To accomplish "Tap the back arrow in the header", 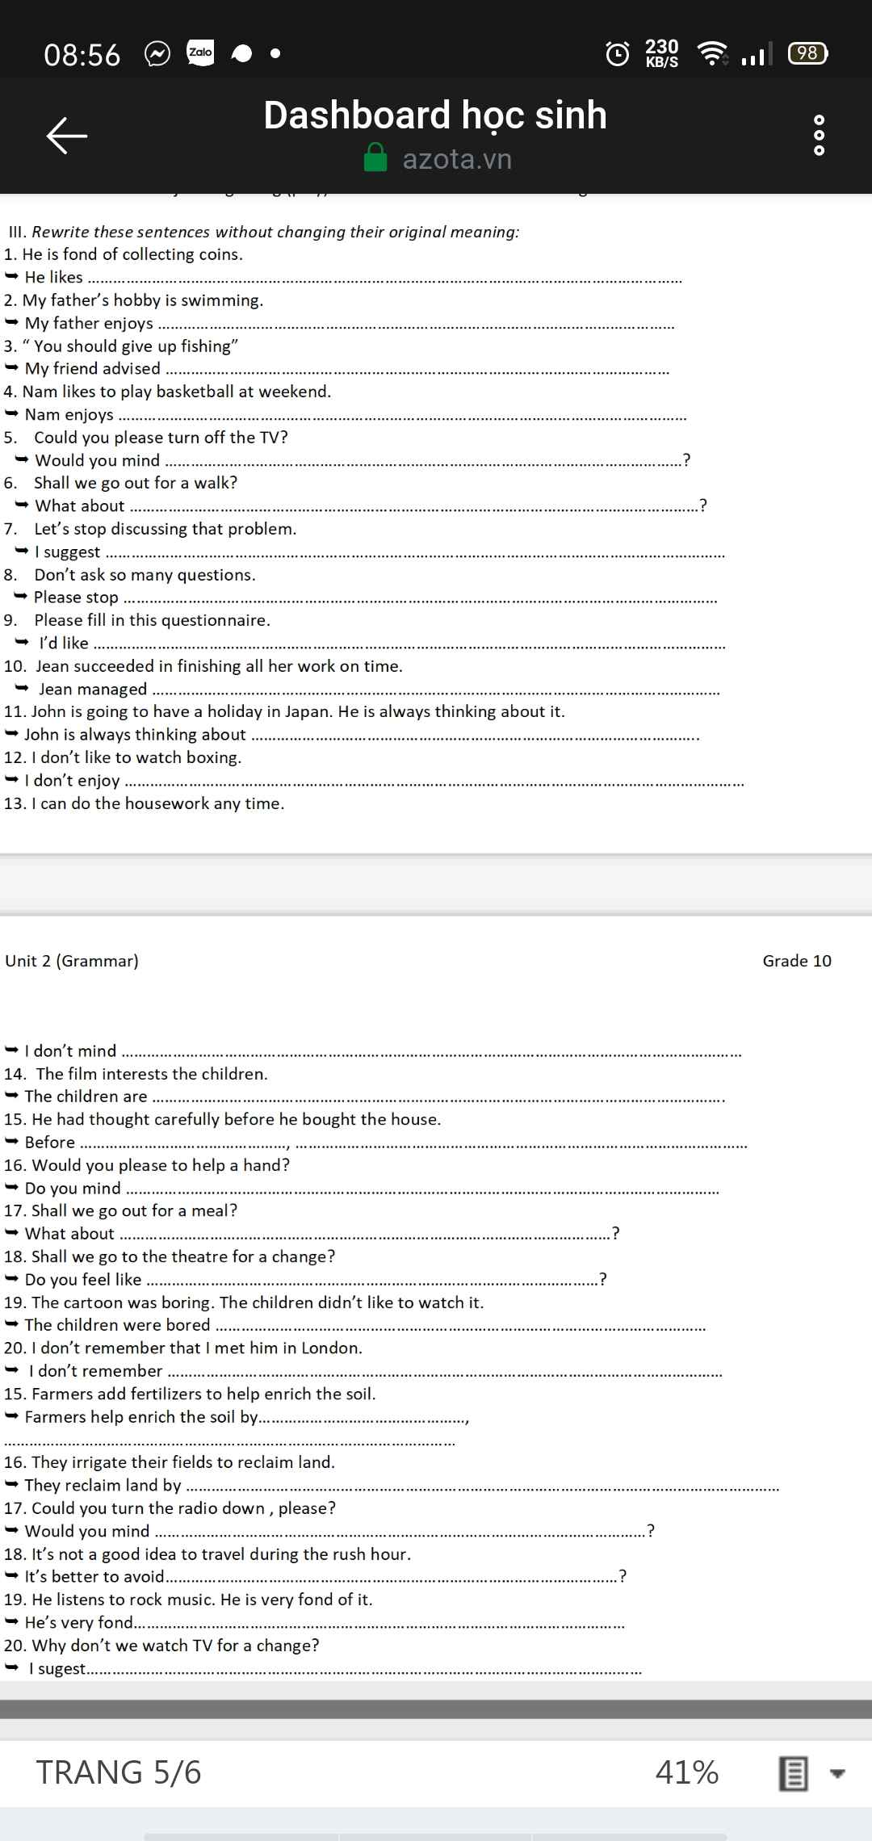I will [x=66, y=135].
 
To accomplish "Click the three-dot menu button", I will [x=819, y=135].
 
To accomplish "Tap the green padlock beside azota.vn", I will [x=375, y=158].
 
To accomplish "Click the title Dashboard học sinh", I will [x=435, y=115].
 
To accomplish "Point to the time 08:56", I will [x=82, y=55].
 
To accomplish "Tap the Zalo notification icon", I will [x=200, y=53].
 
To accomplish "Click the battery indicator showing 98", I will [x=807, y=53].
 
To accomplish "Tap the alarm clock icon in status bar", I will [x=618, y=53].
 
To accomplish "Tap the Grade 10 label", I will [x=797, y=961].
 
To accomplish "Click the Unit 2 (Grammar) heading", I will [x=72, y=961].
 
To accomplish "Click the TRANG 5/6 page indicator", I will [x=119, y=1772].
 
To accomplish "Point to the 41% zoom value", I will [x=687, y=1772].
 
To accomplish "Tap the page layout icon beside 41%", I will [x=793, y=1774].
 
